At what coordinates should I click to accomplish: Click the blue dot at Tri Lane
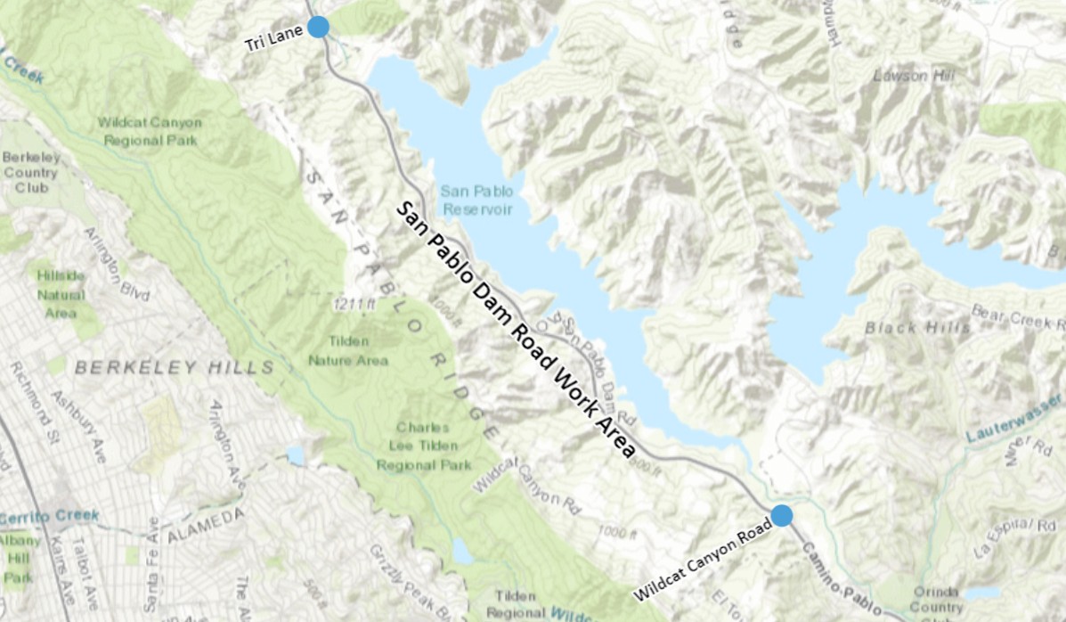(x=319, y=27)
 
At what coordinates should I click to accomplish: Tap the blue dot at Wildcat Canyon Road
(x=782, y=515)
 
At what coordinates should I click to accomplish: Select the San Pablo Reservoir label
(x=476, y=200)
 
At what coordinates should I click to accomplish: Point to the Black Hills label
(x=917, y=328)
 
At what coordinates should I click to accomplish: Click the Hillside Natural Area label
(x=61, y=294)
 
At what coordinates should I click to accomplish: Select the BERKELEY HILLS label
(x=175, y=367)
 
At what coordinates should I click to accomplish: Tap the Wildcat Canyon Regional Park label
(x=150, y=131)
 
